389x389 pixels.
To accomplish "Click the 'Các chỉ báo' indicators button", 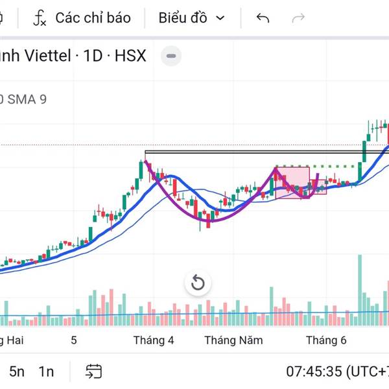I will click(82, 18).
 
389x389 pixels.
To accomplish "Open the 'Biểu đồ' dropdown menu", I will click(193, 18).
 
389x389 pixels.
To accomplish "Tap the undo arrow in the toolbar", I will click(263, 18).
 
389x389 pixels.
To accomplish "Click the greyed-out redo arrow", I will click(298, 18).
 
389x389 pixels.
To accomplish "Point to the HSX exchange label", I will click(130, 56).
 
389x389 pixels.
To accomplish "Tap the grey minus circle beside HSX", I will click(171, 56).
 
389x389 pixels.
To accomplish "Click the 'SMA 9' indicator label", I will click(27, 99).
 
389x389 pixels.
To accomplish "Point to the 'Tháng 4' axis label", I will click(154, 340).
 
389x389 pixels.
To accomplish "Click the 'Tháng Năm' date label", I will click(233, 340).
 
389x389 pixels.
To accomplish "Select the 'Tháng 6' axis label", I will click(326, 340).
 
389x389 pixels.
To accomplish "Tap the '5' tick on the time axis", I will click(74, 340).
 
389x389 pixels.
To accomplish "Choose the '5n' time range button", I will click(17, 371).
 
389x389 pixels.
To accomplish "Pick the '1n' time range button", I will click(46, 371).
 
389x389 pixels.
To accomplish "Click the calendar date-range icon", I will click(94, 371).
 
